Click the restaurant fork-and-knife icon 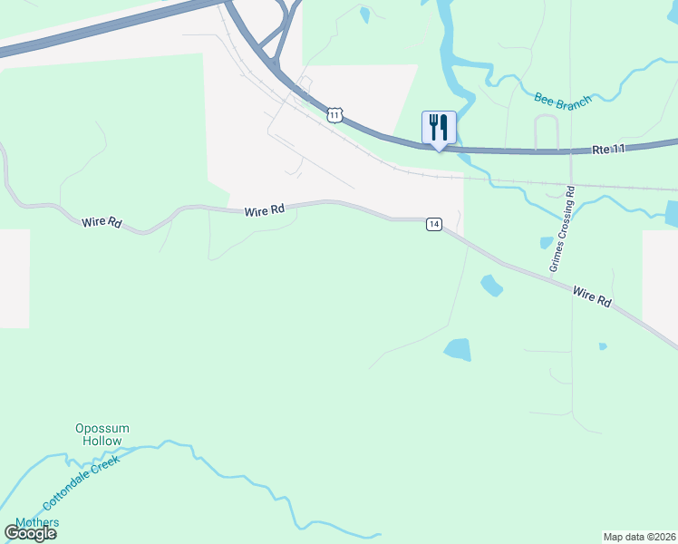(439, 125)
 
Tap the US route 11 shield (335, 114)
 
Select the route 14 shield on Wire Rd (434, 224)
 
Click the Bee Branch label (562, 99)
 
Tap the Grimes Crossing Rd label (562, 229)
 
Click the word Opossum (102, 428)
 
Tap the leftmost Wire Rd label (102, 221)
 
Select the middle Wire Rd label (264, 210)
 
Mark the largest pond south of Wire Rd (458, 349)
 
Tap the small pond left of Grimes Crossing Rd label (546, 242)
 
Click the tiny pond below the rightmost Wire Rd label (602, 345)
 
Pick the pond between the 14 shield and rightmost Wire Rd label (490, 286)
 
